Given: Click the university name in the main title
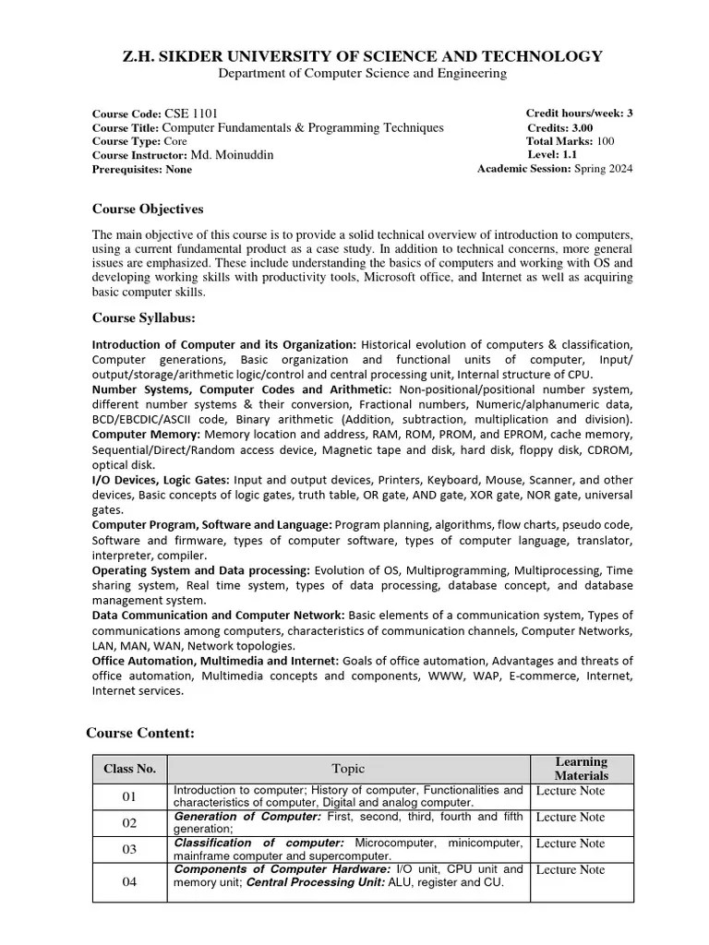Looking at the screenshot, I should point(362,56).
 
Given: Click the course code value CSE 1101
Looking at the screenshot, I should point(191,114).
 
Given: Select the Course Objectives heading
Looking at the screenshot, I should point(148,209).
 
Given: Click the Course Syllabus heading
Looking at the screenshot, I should point(143,318).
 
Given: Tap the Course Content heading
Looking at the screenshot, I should point(140,733).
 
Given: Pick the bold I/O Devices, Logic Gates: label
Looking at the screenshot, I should point(162,480).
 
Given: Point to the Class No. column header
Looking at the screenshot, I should point(129,769).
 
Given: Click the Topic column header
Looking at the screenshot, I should point(348,769).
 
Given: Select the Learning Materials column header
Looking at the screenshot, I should point(581,769).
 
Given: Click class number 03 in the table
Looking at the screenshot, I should point(129,849).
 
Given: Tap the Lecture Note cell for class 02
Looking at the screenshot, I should point(571,817).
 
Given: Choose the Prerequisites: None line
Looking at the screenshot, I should point(142,170).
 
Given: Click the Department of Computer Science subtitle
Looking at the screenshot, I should point(362,74).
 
